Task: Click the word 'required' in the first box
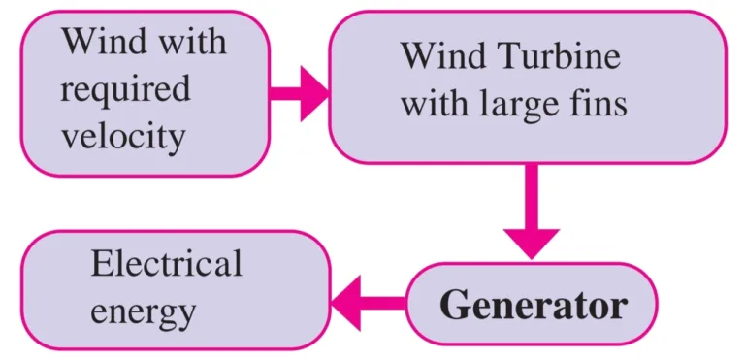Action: [125, 90]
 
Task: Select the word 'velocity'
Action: [123, 136]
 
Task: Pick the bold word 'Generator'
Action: [533, 305]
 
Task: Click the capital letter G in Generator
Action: [455, 305]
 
